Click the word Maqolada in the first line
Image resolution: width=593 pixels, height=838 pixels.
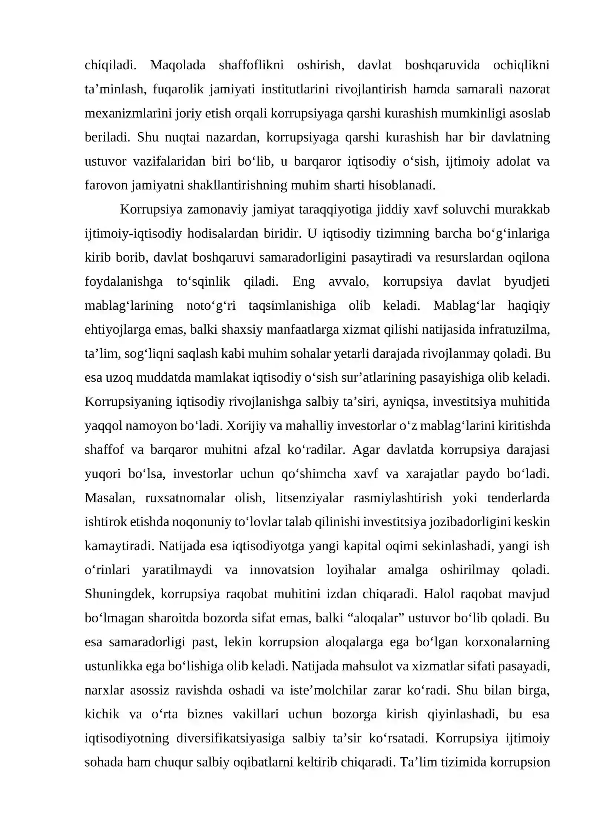coord(178,65)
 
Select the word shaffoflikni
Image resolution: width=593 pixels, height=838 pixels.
coord(251,65)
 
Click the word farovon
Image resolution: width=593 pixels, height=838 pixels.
coord(106,185)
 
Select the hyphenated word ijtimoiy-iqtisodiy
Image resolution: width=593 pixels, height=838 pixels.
coord(133,233)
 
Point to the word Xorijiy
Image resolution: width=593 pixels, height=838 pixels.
coord(245,426)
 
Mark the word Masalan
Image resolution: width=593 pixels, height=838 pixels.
coord(110,498)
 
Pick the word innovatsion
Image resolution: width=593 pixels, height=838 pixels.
coord(282,570)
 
